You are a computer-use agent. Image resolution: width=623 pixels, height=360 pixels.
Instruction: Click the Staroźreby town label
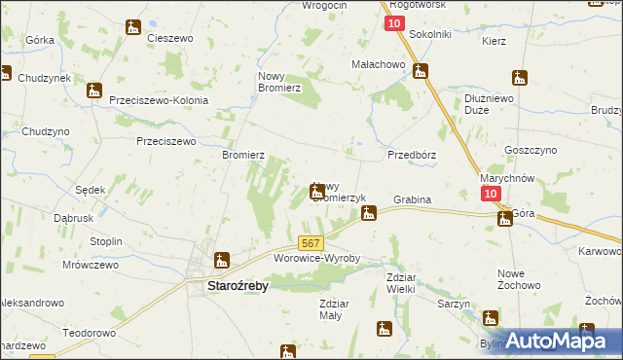coord(238,286)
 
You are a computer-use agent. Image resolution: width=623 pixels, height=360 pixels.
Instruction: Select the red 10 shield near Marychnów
coord(492,195)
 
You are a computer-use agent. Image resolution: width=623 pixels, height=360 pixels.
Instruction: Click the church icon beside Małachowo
coord(421,70)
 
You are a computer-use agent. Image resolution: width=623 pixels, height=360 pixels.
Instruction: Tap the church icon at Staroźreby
coord(222,260)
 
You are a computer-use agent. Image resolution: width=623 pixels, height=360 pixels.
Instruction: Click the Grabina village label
coord(412,199)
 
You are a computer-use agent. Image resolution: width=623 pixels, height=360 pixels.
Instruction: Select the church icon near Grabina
coord(369,211)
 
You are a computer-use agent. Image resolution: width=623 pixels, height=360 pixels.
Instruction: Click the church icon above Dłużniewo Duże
coord(520,78)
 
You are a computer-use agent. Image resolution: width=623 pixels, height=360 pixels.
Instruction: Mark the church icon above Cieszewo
coord(133,27)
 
